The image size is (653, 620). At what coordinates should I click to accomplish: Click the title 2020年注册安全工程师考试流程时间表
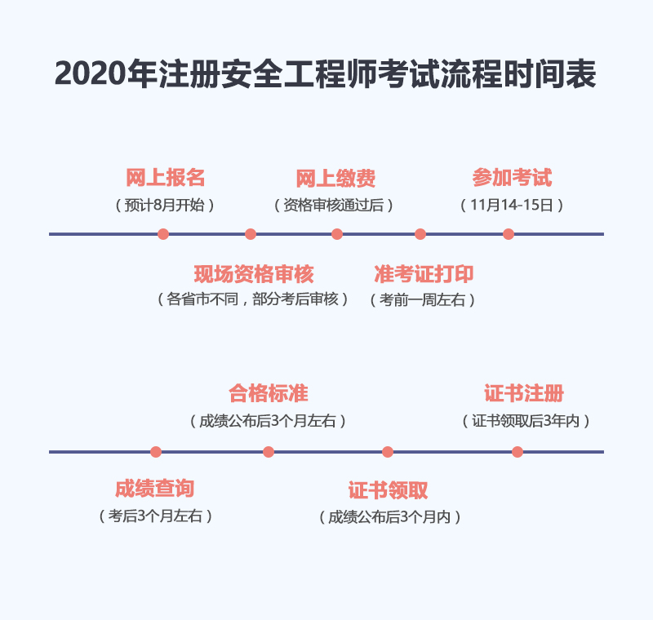[x=325, y=74]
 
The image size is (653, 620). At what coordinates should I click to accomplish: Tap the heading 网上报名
[x=166, y=178]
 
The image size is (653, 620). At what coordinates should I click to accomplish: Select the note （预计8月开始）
[x=165, y=205]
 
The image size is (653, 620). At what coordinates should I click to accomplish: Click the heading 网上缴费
[x=335, y=179]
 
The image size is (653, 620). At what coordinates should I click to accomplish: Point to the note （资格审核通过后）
[x=334, y=205]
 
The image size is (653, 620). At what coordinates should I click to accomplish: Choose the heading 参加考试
[x=512, y=178]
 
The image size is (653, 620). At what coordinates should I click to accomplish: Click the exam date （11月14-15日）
[x=512, y=205]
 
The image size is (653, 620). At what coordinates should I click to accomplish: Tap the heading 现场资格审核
[x=254, y=274]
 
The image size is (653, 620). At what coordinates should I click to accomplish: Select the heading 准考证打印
[x=424, y=274]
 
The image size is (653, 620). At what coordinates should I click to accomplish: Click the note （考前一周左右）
[x=423, y=300]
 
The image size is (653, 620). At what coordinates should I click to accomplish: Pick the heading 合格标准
[x=269, y=394]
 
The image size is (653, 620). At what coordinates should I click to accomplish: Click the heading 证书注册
[x=524, y=394]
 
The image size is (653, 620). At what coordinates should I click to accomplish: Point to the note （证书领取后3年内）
[x=526, y=421]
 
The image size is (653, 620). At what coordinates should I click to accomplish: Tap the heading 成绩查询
[x=154, y=489]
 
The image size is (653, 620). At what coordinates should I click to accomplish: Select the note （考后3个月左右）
[x=155, y=516]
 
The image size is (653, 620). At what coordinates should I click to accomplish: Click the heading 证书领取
[x=389, y=490]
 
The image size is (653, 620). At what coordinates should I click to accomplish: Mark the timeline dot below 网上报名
[x=163, y=234]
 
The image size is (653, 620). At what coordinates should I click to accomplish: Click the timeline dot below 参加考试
[x=509, y=234]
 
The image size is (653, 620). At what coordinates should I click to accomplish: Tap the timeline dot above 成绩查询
[x=156, y=452]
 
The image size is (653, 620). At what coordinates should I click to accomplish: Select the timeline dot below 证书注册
[x=518, y=452]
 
